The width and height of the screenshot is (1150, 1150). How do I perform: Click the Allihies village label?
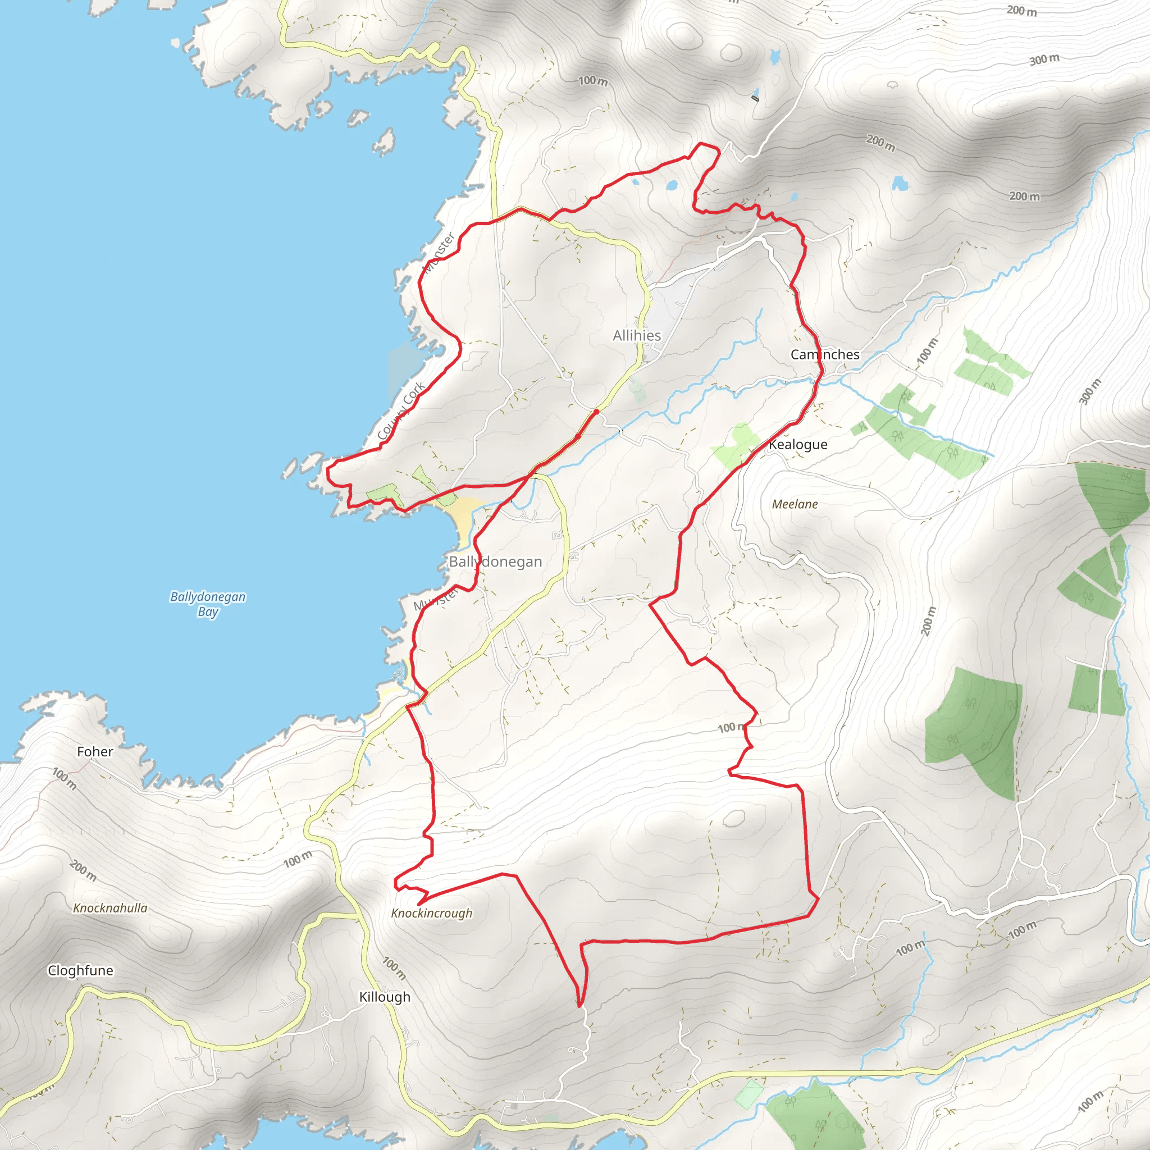tap(636, 336)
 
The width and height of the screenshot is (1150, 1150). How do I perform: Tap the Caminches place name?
tap(824, 355)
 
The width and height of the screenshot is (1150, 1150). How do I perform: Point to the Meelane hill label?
tap(795, 504)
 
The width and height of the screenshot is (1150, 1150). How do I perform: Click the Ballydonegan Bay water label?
tap(208, 604)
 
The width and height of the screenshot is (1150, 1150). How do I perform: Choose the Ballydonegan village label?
tap(495, 562)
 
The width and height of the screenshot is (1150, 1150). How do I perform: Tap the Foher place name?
tap(95, 752)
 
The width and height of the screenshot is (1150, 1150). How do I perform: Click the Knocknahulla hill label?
tap(110, 908)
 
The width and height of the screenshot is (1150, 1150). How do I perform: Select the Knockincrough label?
tap(432, 913)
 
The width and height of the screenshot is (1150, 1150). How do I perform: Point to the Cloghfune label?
tap(80, 970)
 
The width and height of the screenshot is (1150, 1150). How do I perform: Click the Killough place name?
tap(385, 997)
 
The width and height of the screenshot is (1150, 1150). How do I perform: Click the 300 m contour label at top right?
tap(1044, 60)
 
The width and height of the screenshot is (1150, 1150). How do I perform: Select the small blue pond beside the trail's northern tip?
tap(672, 186)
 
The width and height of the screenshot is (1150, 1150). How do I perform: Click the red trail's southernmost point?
tap(578, 1005)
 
